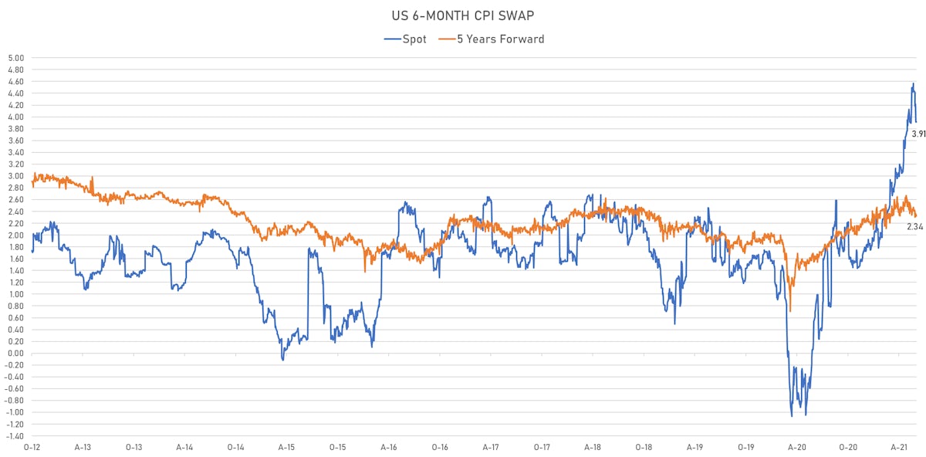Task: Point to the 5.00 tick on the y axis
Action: click(x=16, y=58)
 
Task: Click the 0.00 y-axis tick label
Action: click(x=16, y=354)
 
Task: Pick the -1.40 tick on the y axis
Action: click(x=15, y=436)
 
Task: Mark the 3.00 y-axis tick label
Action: click(x=16, y=176)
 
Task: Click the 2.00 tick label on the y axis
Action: click(x=16, y=235)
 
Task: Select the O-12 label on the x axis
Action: click(x=32, y=448)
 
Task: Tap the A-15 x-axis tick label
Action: click(x=286, y=448)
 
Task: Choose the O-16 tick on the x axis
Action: click(x=440, y=448)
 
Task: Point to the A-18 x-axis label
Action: click(x=593, y=448)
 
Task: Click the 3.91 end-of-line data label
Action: click(x=918, y=134)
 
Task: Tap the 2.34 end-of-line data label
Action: click(x=915, y=227)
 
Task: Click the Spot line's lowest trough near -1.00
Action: click(x=792, y=416)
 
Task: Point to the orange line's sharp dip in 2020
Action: click(x=790, y=310)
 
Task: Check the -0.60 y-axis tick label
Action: click(x=15, y=389)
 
